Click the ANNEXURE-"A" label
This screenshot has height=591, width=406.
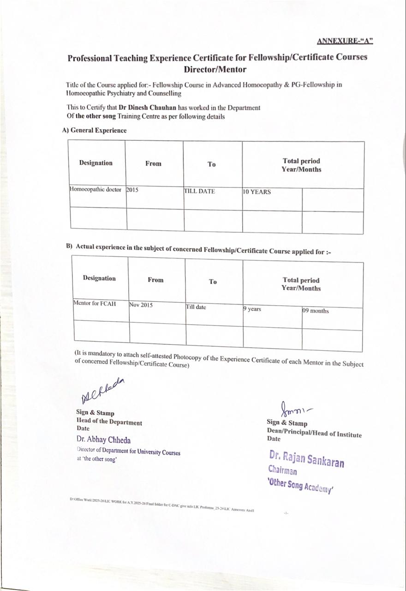pyautogui.click(x=345, y=41)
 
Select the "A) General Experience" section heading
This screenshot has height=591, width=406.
pyautogui.click(x=94, y=130)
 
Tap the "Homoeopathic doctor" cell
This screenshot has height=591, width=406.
pyautogui.click(x=96, y=190)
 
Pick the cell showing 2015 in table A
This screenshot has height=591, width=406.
pyautogui.click(x=132, y=190)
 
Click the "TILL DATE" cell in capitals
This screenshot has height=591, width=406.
pyautogui.click(x=200, y=191)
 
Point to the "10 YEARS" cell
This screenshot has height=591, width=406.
pyautogui.click(x=257, y=192)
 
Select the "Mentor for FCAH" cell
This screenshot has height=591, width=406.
pyautogui.click(x=95, y=304)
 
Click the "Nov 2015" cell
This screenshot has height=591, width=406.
pyautogui.click(x=141, y=305)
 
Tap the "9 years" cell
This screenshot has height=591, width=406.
pyautogui.click(x=252, y=309)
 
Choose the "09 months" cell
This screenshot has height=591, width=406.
pyautogui.click(x=316, y=311)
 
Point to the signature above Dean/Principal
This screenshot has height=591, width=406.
pyautogui.click(x=294, y=408)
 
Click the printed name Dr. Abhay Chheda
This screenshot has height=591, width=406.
pyautogui.click(x=103, y=440)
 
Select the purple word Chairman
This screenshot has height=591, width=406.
pyautogui.click(x=282, y=471)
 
